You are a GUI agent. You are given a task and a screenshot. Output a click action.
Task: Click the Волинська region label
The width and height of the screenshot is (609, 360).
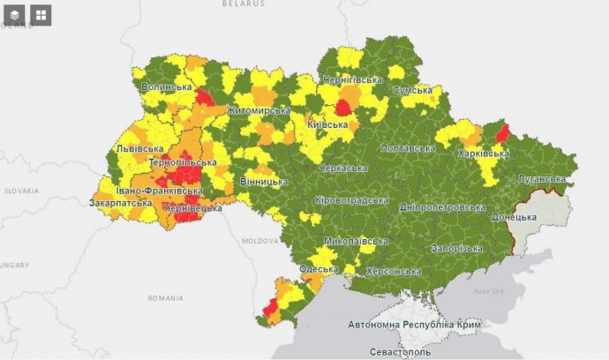[x=167, y=86]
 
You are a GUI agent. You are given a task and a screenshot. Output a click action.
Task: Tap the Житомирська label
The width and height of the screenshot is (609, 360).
[x=258, y=110]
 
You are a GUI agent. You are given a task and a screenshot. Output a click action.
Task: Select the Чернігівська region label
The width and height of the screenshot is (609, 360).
[x=353, y=79]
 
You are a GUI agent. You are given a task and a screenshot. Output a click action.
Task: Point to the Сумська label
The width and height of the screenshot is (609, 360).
[x=411, y=90]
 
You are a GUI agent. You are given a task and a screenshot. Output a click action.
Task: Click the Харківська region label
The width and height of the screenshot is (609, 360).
[x=483, y=154]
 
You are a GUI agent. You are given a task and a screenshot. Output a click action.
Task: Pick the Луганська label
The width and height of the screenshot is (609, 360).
[x=541, y=178]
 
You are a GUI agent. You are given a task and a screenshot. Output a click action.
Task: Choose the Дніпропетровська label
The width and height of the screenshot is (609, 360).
[x=442, y=207]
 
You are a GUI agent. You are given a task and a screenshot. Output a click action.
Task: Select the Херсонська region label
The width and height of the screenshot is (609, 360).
[x=393, y=271]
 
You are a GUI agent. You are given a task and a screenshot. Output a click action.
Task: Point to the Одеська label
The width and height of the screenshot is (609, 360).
[x=318, y=269]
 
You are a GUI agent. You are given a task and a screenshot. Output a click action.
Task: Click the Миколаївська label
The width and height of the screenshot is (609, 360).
[x=356, y=241]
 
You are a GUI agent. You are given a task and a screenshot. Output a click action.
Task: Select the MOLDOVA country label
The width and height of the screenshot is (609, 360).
[x=260, y=240]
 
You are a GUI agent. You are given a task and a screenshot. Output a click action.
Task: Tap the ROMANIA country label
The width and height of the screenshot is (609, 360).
[x=166, y=298]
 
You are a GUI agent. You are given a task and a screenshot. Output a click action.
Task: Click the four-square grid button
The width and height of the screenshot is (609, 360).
[x=41, y=15]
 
